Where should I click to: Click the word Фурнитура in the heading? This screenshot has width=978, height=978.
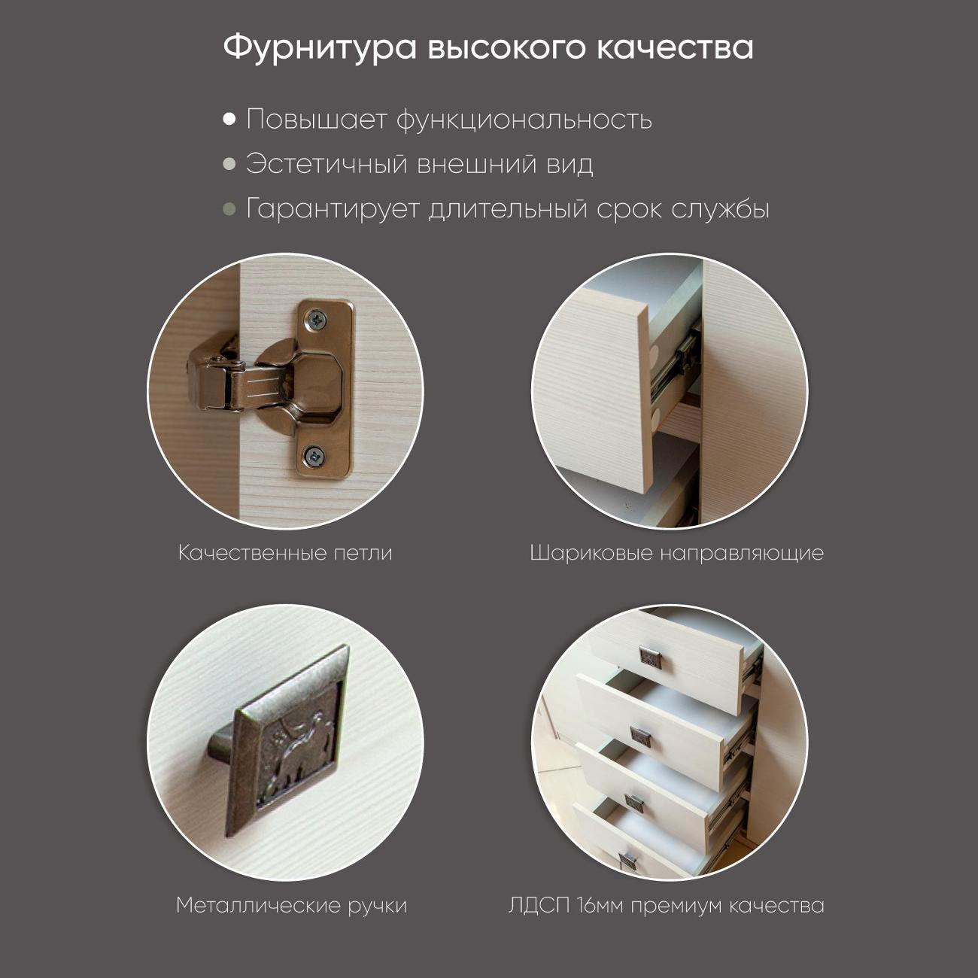[x=320, y=47]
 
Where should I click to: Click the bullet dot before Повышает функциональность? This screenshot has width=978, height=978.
[x=229, y=120]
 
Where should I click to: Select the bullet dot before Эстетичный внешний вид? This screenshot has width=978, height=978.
[x=229, y=164]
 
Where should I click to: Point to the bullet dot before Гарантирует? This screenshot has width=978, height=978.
[x=229, y=208]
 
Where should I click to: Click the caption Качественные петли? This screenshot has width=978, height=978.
[x=285, y=553]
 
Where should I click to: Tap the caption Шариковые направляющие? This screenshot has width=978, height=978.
[x=676, y=553]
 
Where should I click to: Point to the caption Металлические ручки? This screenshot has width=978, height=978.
[x=291, y=905]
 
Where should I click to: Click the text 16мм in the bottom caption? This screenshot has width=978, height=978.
[x=601, y=905]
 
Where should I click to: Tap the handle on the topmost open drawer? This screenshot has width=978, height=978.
[x=650, y=656]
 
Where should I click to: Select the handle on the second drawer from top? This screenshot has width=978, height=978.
[x=641, y=737]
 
